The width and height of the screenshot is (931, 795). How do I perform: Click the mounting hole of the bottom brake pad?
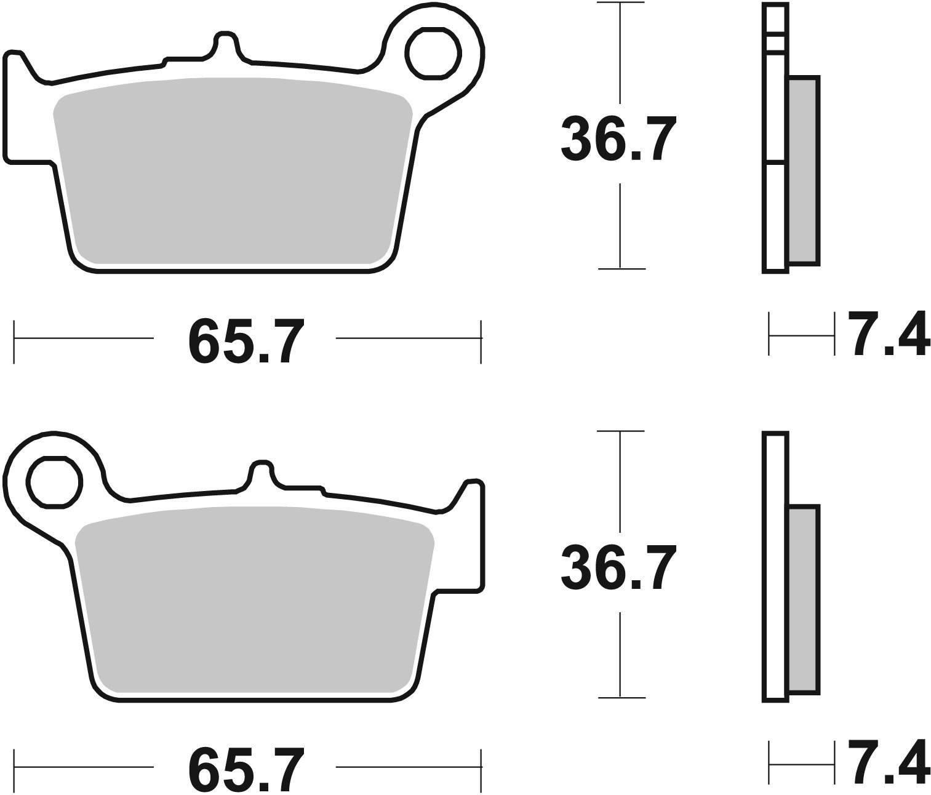coord(54,482)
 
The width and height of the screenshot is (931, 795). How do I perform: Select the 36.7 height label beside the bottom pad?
coord(619,567)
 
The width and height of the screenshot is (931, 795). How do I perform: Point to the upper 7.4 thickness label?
coord(888,335)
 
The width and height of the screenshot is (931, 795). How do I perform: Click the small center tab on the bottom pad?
coord(261,474)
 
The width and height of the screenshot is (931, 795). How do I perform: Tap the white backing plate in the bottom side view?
coord(775,566)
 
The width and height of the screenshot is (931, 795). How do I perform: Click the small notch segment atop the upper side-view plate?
coord(775,43)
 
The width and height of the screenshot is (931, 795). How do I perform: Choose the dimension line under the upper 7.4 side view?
coord(802,335)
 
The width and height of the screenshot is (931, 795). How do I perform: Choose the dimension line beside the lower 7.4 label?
coord(802,765)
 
